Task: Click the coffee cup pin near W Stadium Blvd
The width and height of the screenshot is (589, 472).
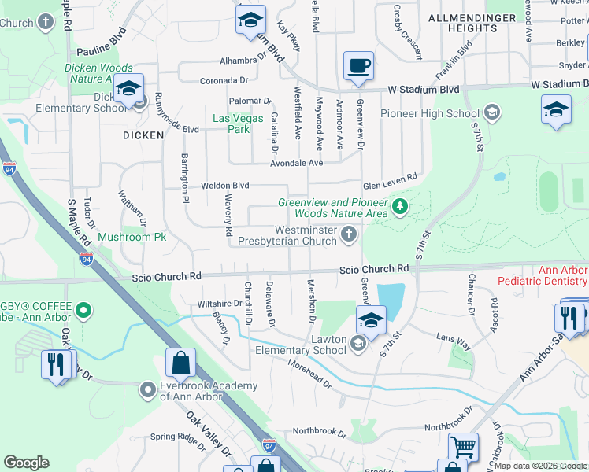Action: pos(358,66)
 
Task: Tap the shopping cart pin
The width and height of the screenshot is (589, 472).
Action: pos(463,448)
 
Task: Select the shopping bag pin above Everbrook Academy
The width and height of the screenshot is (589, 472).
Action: pos(180,363)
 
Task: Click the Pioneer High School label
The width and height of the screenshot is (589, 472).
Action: pos(430,113)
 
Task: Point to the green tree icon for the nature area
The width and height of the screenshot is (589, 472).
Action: pos(401,207)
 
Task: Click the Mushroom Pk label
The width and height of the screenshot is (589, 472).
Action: pos(132,236)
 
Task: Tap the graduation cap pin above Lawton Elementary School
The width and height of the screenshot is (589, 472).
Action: pos(371,320)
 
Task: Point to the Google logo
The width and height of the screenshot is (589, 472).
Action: pos(26,463)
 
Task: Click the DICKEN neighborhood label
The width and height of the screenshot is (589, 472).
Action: pos(143,135)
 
